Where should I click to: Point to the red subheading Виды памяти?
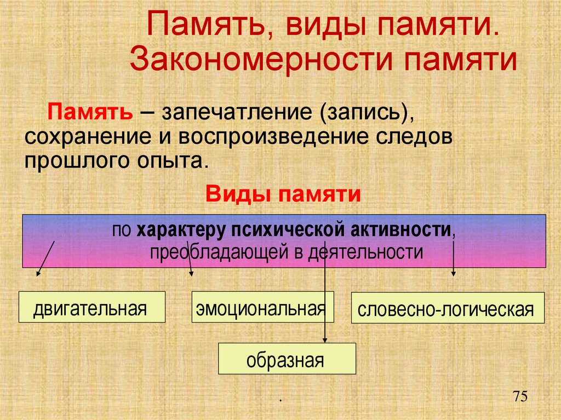pos(283,194)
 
